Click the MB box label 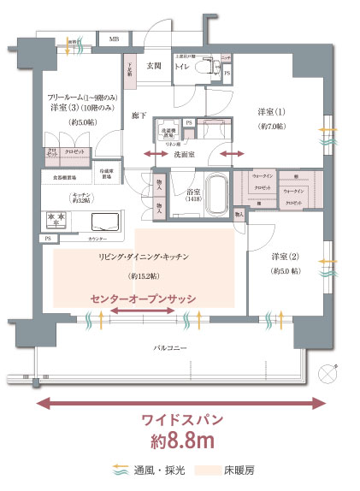(x=114, y=38)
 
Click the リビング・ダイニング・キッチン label (x=142, y=256)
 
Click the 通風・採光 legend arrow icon (x=121, y=470)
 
